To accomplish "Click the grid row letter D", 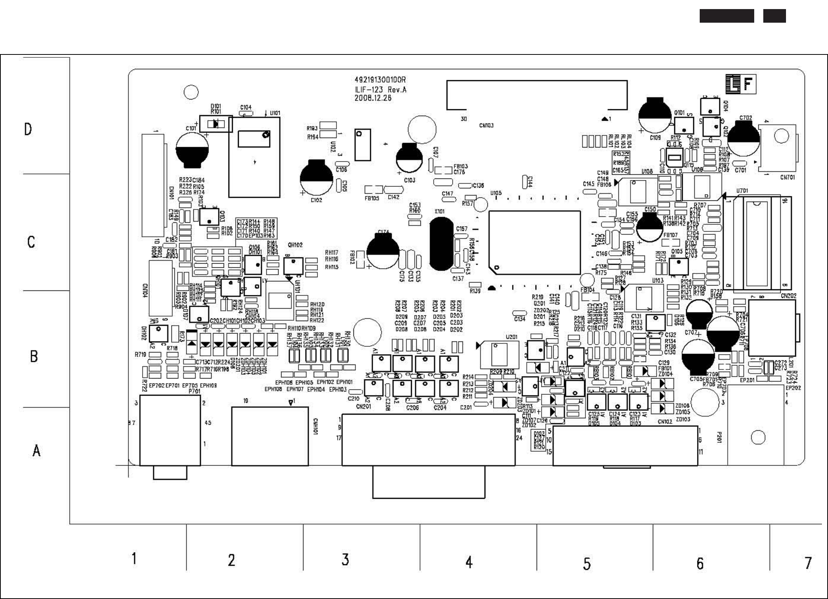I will pyautogui.click(x=28, y=130).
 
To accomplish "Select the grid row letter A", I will pyautogui.click(x=36, y=450).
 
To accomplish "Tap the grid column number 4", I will pyautogui.click(x=469, y=562).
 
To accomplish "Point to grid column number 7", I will pyautogui.click(x=808, y=563).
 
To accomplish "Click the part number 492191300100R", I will pyautogui.click(x=380, y=80).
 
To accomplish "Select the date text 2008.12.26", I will pyautogui.click(x=373, y=98).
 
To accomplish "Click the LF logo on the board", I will pyautogui.click(x=741, y=84).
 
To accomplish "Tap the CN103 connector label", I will pyautogui.click(x=486, y=125).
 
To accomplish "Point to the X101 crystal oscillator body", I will pyautogui.click(x=441, y=244).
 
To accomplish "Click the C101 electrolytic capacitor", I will pyautogui.click(x=192, y=151).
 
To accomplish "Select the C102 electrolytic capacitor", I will pyautogui.click(x=316, y=178).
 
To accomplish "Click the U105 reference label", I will pyautogui.click(x=496, y=193).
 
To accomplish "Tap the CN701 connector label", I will pyautogui.click(x=787, y=177).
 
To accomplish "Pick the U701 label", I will pyautogui.click(x=742, y=191).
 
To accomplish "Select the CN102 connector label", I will pyautogui.click(x=665, y=422).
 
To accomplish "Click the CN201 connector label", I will pyautogui.click(x=363, y=407).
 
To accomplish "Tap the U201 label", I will pyautogui.click(x=511, y=337).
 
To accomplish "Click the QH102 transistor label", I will pyautogui.click(x=295, y=245).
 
